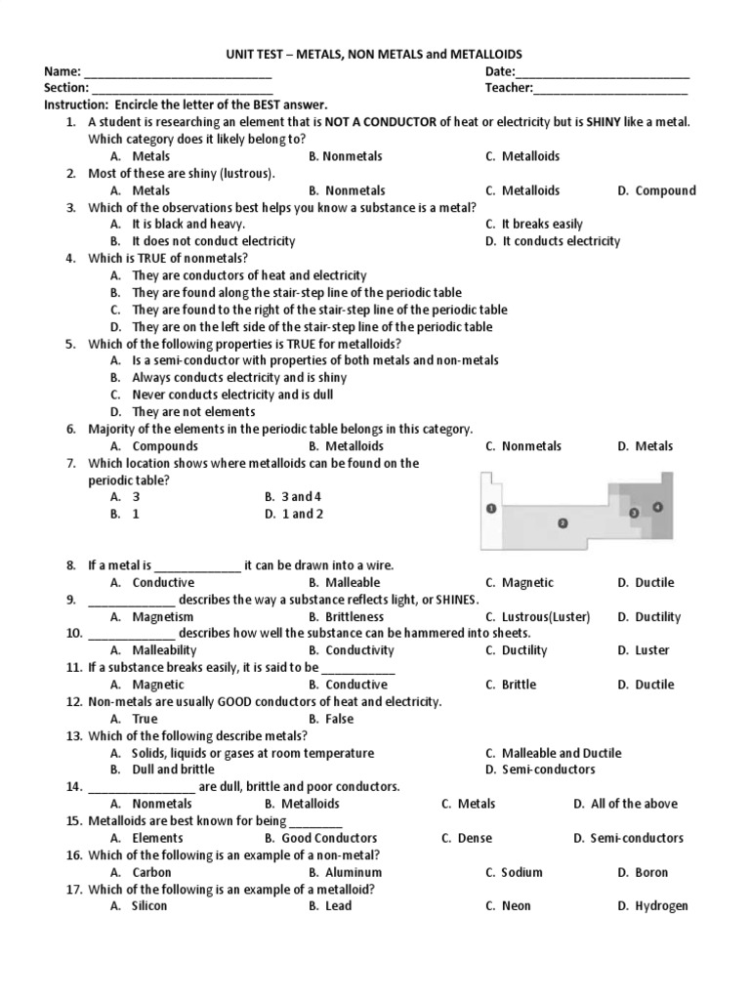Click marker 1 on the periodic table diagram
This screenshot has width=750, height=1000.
pyautogui.click(x=490, y=509)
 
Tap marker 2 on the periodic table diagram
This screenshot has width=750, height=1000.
pyautogui.click(x=562, y=522)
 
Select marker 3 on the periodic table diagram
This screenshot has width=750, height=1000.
pyautogui.click(x=634, y=513)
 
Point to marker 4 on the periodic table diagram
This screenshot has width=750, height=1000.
pyautogui.click(x=657, y=507)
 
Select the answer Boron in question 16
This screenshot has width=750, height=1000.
pyautogui.click(x=651, y=872)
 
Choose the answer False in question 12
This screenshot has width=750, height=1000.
pyautogui.click(x=339, y=719)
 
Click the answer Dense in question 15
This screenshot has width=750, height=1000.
pyautogui.click(x=475, y=838)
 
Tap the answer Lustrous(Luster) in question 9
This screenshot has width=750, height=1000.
pyautogui.click(x=551, y=616)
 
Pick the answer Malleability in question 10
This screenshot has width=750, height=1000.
pyautogui.click(x=165, y=650)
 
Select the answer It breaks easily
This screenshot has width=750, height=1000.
pyautogui.click(x=541, y=224)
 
